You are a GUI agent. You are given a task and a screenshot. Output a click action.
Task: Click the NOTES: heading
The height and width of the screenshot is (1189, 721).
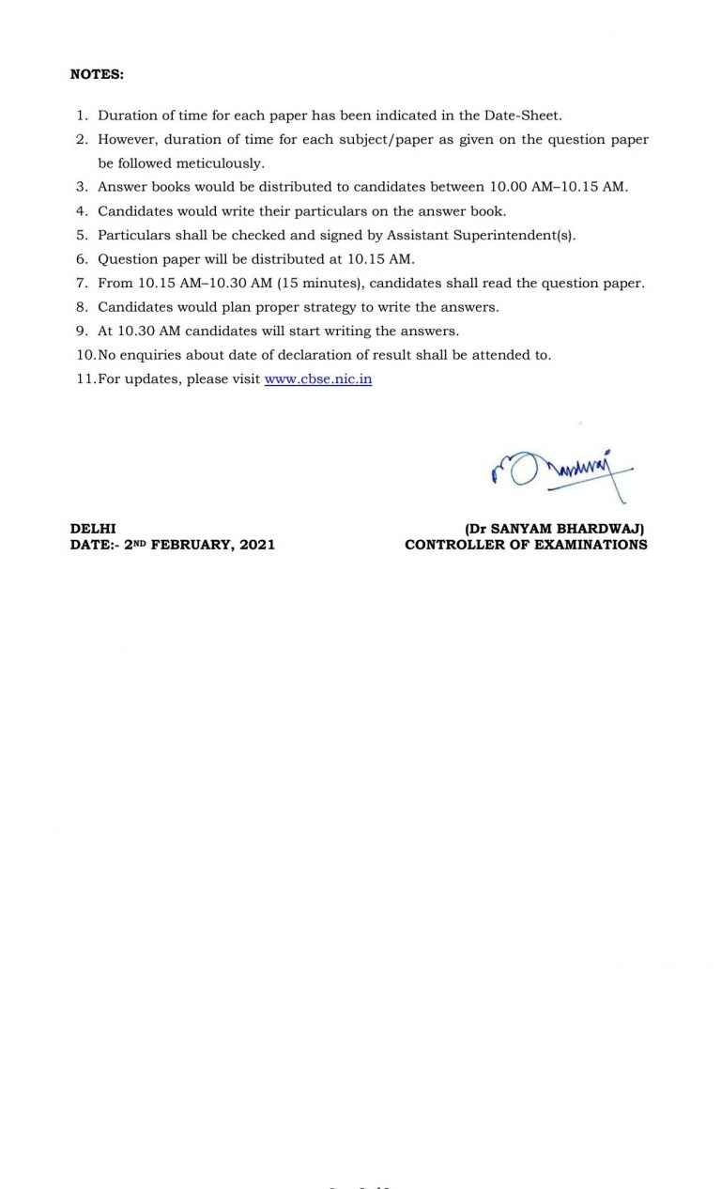pyautogui.click(x=97, y=74)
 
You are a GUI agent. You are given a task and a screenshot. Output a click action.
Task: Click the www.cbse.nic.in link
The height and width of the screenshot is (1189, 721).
pyautogui.click(x=318, y=379)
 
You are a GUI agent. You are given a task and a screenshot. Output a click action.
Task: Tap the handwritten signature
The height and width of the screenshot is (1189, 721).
pyautogui.click(x=558, y=470)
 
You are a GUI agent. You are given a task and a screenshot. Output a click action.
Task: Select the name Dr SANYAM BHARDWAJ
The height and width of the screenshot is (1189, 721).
pyautogui.click(x=555, y=530)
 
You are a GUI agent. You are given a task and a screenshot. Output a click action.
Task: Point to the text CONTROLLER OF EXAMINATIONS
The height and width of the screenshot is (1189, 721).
pyautogui.click(x=526, y=545)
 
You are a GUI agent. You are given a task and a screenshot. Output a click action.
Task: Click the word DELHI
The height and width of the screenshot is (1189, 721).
pyautogui.click(x=93, y=530)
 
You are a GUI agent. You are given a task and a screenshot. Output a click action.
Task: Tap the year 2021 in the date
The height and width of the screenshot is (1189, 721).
pyautogui.click(x=257, y=545)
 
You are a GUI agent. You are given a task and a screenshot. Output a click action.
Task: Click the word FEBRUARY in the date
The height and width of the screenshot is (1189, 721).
pyautogui.click(x=192, y=545)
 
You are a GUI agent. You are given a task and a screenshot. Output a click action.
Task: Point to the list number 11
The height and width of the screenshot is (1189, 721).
pyautogui.click(x=84, y=379)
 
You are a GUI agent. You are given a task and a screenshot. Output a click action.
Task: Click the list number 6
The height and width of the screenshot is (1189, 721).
pyautogui.click(x=82, y=259)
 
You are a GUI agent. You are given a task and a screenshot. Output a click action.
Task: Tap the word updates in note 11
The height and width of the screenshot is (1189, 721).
pyautogui.click(x=149, y=379)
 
